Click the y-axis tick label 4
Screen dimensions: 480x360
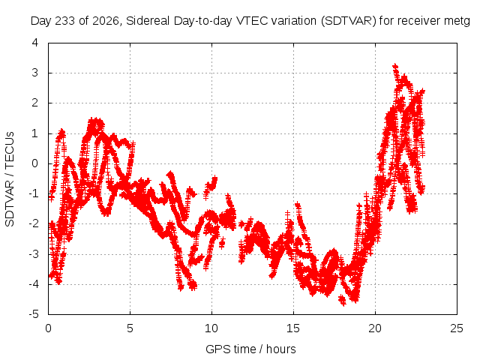pyautogui.click(x=35, y=43)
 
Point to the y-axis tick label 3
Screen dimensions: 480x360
pyautogui.click(x=35, y=73)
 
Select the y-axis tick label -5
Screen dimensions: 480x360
pyautogui.click(x=33, y=314)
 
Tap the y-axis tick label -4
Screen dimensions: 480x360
pyautogui.click(x=33, y=284)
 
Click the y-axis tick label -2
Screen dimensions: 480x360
pyautogui.click(x=33, y=223)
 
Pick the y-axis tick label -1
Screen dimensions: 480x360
pyautogui.click(x=33, y=193)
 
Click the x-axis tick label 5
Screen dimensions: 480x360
pyautogui.click(x=130, y=328)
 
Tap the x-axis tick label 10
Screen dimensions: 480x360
pyautogui.click(x=211, y=328)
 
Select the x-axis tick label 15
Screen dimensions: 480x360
pyautogui.click(x=293, y=328)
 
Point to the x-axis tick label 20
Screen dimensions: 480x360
pyautogui.click(x=375, y=328)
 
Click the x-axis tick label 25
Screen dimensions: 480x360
pyautogui.click(x=457, y=328)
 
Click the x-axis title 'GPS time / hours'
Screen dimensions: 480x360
pyautogui.click(x=250, y=349)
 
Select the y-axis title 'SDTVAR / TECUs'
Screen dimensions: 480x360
pyautogui.click(x=10, y=179)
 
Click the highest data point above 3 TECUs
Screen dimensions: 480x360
pyautogui.click(x=395, y=66)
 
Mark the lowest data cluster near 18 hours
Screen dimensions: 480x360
pyautogui.click(x=342, y=300)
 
